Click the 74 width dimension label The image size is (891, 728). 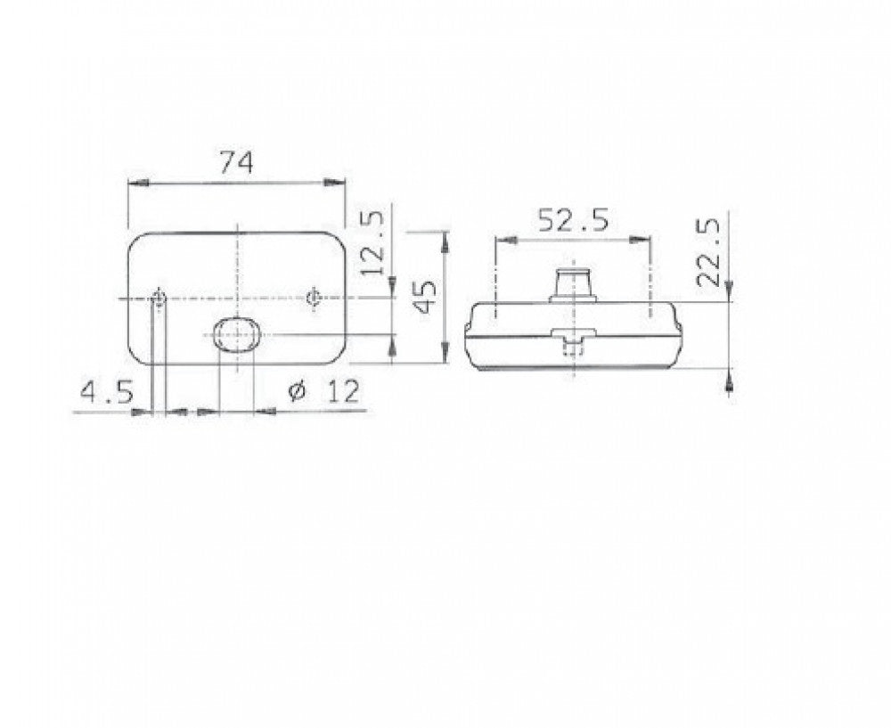(236, 163)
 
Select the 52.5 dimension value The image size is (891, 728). (573, 220)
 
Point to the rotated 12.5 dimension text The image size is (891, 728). (372, 243)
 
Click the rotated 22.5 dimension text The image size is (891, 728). (708, 253)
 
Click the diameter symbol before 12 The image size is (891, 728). (298, 391)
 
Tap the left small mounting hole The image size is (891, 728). (159, 298)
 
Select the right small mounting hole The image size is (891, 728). (313, 298)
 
